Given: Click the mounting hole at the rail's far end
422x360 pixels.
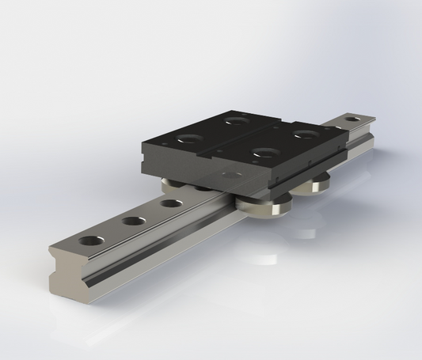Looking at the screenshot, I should click(x=351, y=121).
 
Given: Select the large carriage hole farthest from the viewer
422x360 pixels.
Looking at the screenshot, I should click(x=236, y=120).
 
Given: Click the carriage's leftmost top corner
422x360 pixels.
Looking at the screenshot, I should click(x=142, y=142).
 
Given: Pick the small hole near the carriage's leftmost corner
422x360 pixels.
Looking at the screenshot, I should click(x=159, y=144).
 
